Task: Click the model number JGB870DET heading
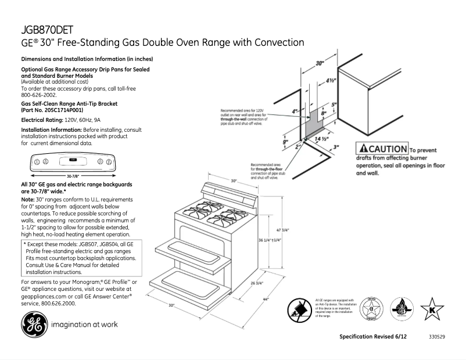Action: pyautogui.click(x=47, y=29)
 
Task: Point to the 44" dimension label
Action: pyautogui.click(x=267, y=300)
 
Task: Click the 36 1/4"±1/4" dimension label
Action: pyautogui.click(x=270, y=240)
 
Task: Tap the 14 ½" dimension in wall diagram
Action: pyautogui.click(x=321, y=139)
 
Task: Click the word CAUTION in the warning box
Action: pyautogui.click(x=387, y=149)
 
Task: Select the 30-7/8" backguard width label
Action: pyautogui.click(x=73, y=176)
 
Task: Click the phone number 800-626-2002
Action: pyautogui.click(x=39, y=95)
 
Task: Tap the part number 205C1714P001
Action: pyautogui.click(x=59, y=109)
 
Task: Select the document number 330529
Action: pyautogui.click(x=437, y=337)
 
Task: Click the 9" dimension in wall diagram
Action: pyautogui.click(x=285, y=142)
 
